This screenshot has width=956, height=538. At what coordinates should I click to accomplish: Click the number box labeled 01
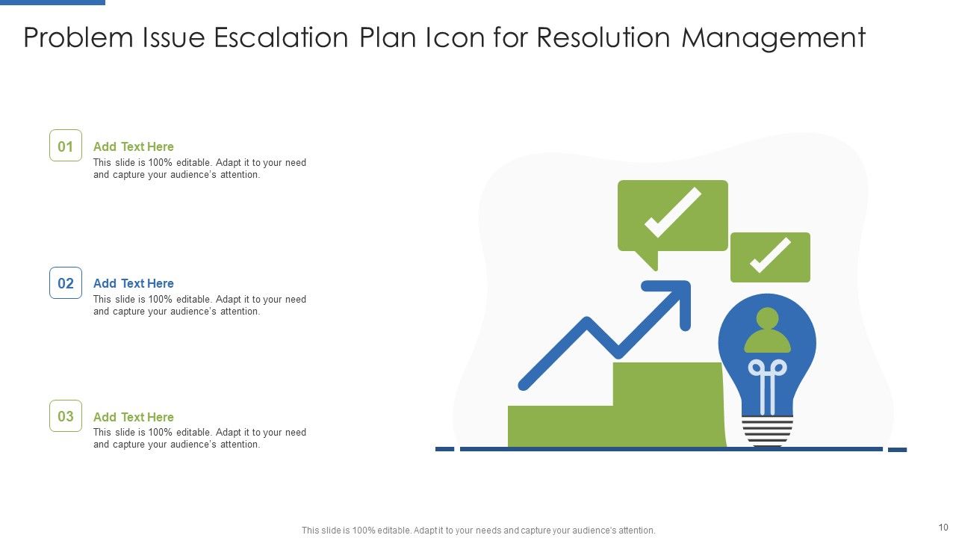click(66, 146)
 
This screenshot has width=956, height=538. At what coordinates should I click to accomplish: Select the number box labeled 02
click(66, 283)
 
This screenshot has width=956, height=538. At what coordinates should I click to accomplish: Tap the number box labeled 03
click(66, 416)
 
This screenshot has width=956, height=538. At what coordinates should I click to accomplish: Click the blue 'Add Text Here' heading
click(133, 283)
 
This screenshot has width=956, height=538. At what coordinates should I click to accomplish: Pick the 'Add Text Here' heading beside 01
click(133, 146)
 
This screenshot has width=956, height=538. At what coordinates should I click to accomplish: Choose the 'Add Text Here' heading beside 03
click(133, 417)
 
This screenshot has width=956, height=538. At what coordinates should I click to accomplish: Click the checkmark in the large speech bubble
click(672, 213)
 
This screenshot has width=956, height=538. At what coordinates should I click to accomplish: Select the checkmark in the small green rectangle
click(770, 256)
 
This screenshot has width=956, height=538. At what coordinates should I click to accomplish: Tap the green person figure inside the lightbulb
click(767, 331)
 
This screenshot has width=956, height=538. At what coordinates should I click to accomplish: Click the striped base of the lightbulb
click(767, 432)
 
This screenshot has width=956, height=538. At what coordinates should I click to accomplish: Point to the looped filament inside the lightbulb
click(767, 377)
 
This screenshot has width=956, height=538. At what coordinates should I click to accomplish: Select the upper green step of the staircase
click(667, 403)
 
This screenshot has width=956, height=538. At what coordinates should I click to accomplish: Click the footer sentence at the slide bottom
click(478, 531)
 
